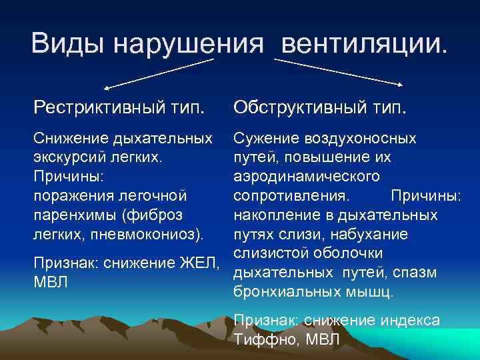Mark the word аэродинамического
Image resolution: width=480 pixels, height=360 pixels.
[307, 177]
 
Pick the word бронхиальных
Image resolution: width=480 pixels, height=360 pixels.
[281, 292]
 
